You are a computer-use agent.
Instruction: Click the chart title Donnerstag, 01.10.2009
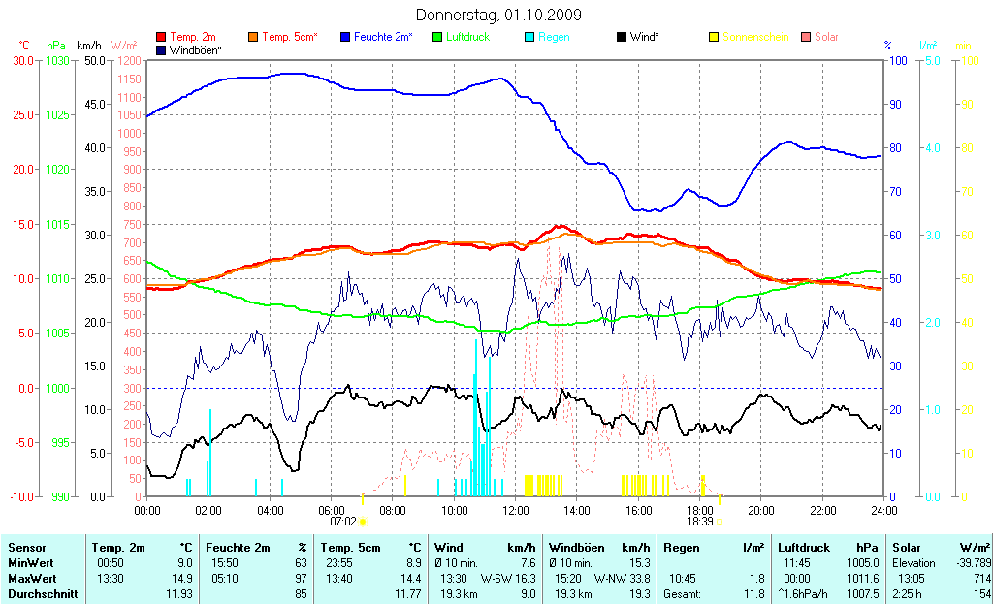[498, 16]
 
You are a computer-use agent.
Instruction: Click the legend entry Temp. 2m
[192, 37]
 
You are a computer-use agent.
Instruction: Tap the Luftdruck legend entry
[467, 37]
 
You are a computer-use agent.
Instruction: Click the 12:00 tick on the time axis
[515, 510]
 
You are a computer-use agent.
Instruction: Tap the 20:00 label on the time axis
[760, 510]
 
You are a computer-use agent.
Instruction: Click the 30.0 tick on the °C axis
[22, 61]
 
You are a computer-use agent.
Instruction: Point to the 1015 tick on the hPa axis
[58, 225]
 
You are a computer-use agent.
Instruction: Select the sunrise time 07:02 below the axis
[343, 522]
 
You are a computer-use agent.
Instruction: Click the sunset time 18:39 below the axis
[700, 522]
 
